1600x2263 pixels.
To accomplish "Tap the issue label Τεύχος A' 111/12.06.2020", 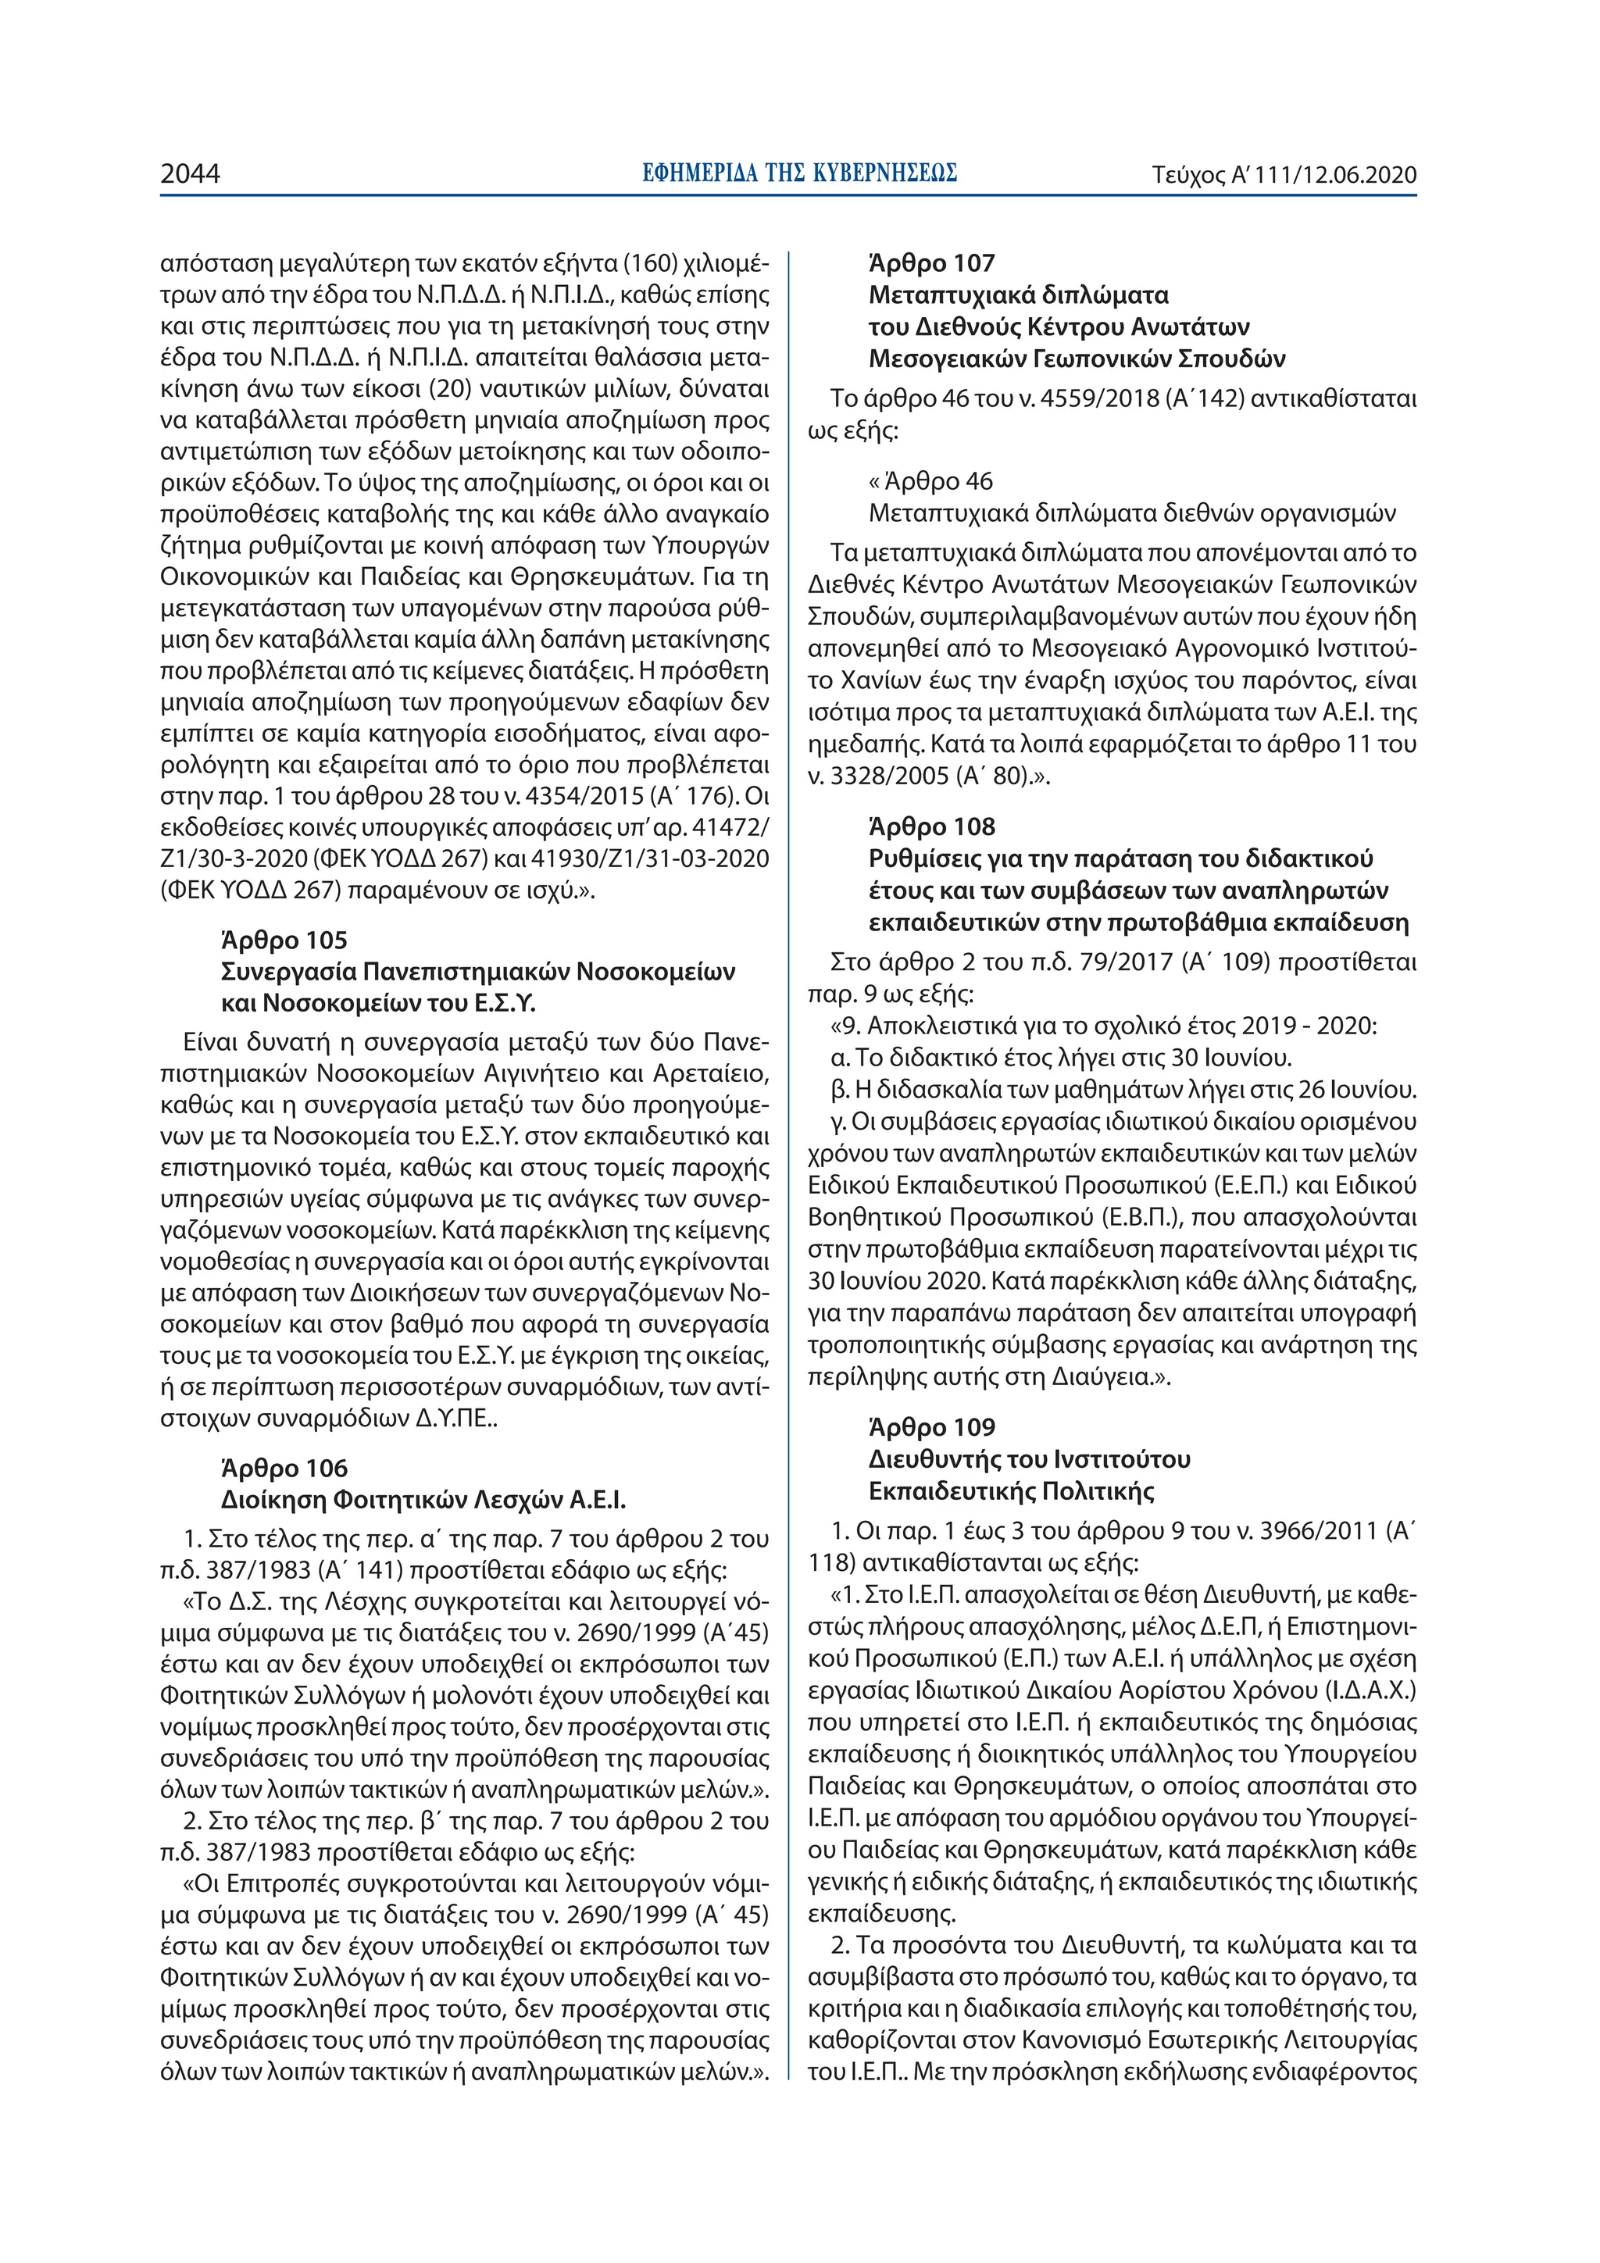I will [x=1284, y=176].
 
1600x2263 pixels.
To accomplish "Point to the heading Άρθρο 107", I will [x=931, y=263].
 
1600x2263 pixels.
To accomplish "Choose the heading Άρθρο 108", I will [x=931, y=827].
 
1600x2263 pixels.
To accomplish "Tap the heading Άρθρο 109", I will [x=931, y=1427].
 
